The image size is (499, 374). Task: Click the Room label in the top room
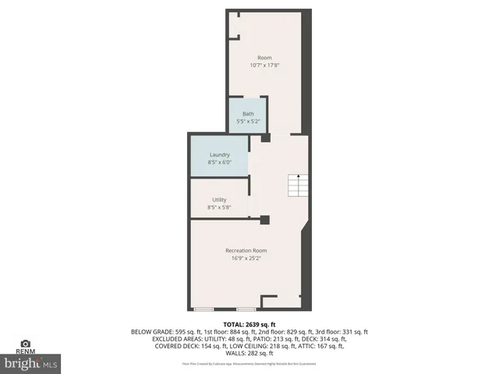click(265, 58)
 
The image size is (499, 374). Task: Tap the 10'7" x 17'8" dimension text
click(265, 65)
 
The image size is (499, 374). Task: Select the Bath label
click(248, 115)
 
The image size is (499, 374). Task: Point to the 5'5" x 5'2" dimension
click(248, 122)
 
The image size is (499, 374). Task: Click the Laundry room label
click(219, 155)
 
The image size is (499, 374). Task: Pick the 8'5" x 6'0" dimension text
click(219, 162)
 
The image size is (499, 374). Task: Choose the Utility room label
click(219, 200)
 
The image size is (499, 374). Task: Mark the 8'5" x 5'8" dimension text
click(219, 207)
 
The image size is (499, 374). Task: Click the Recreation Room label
click(246, 250)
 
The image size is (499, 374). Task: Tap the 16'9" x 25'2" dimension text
click(246, 258)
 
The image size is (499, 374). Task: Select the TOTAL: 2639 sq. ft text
click(249, 324)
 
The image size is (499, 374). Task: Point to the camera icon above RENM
click(26, 344)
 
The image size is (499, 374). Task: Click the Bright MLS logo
click(31, 363)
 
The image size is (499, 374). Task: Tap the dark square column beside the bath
click(266, 138)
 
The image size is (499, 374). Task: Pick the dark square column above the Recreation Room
click(265, 220)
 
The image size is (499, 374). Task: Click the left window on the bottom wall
click(204, 309)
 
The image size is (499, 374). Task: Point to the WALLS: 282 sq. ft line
click(249, 353)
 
